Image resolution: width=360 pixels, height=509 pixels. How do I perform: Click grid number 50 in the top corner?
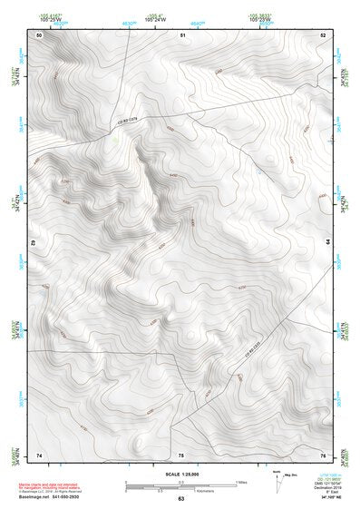[x=39, y=34]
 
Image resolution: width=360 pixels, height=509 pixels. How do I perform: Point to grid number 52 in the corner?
[x=323, y=34]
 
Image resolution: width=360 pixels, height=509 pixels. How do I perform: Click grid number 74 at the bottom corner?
[x=39, y=454]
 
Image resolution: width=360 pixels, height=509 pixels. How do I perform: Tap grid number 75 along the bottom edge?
[x=181, y=454]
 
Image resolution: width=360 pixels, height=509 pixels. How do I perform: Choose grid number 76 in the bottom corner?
[x=323, y=454]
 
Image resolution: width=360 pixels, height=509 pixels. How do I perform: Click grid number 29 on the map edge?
[x=34, y=243]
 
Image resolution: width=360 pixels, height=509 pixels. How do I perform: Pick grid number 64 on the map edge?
[x=327, y=243]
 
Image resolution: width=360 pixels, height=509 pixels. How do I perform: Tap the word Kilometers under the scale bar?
[x=181, y=490]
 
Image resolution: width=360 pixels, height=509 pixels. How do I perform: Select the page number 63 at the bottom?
[x=181, y=499]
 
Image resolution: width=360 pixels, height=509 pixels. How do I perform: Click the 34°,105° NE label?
[x=328, y=497]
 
